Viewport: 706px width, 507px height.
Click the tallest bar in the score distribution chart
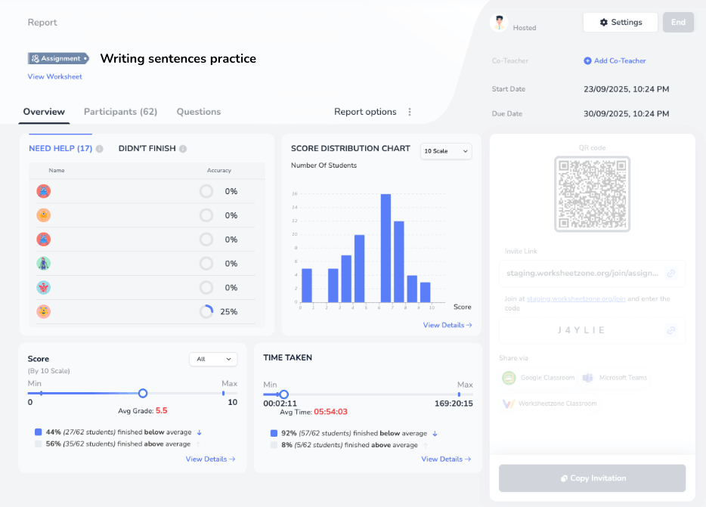pyautogui.click(x=386, y=249)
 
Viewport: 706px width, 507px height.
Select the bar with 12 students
pyautogui.click(x=399, y=261)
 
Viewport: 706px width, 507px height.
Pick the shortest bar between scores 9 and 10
pyautogui.click(x=425, y=293)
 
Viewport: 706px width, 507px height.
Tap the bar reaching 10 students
pyautogui.click(x=360, y=269)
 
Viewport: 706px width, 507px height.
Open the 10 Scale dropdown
pyautogui.click(x=446, y=151)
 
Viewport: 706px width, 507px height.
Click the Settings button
pyautogui.click(x=620, y=23)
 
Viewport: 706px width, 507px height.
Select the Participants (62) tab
pyautogui.click(x=120, y=112)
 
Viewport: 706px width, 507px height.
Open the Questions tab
pyautogui.click(x=199, y=112)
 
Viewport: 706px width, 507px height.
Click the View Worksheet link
pyautogui.click(x=54, y=77)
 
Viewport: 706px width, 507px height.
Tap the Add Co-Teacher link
pyautogui.click(x=615, y=61)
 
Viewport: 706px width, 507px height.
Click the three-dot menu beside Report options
pyautogui.click(x=410, y=112)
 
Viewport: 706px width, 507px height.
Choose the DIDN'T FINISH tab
pyautogui.click(x=147, y=149)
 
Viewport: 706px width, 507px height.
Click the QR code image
pyautogui.click(x=592, y=193)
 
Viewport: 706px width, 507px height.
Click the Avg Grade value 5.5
pyautogui.click(x=161, y=411)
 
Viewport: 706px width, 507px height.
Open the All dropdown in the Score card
pyautogui.click(x=213, y=359)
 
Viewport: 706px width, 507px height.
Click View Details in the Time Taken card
pyautogui.click(x=446, y=459)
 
